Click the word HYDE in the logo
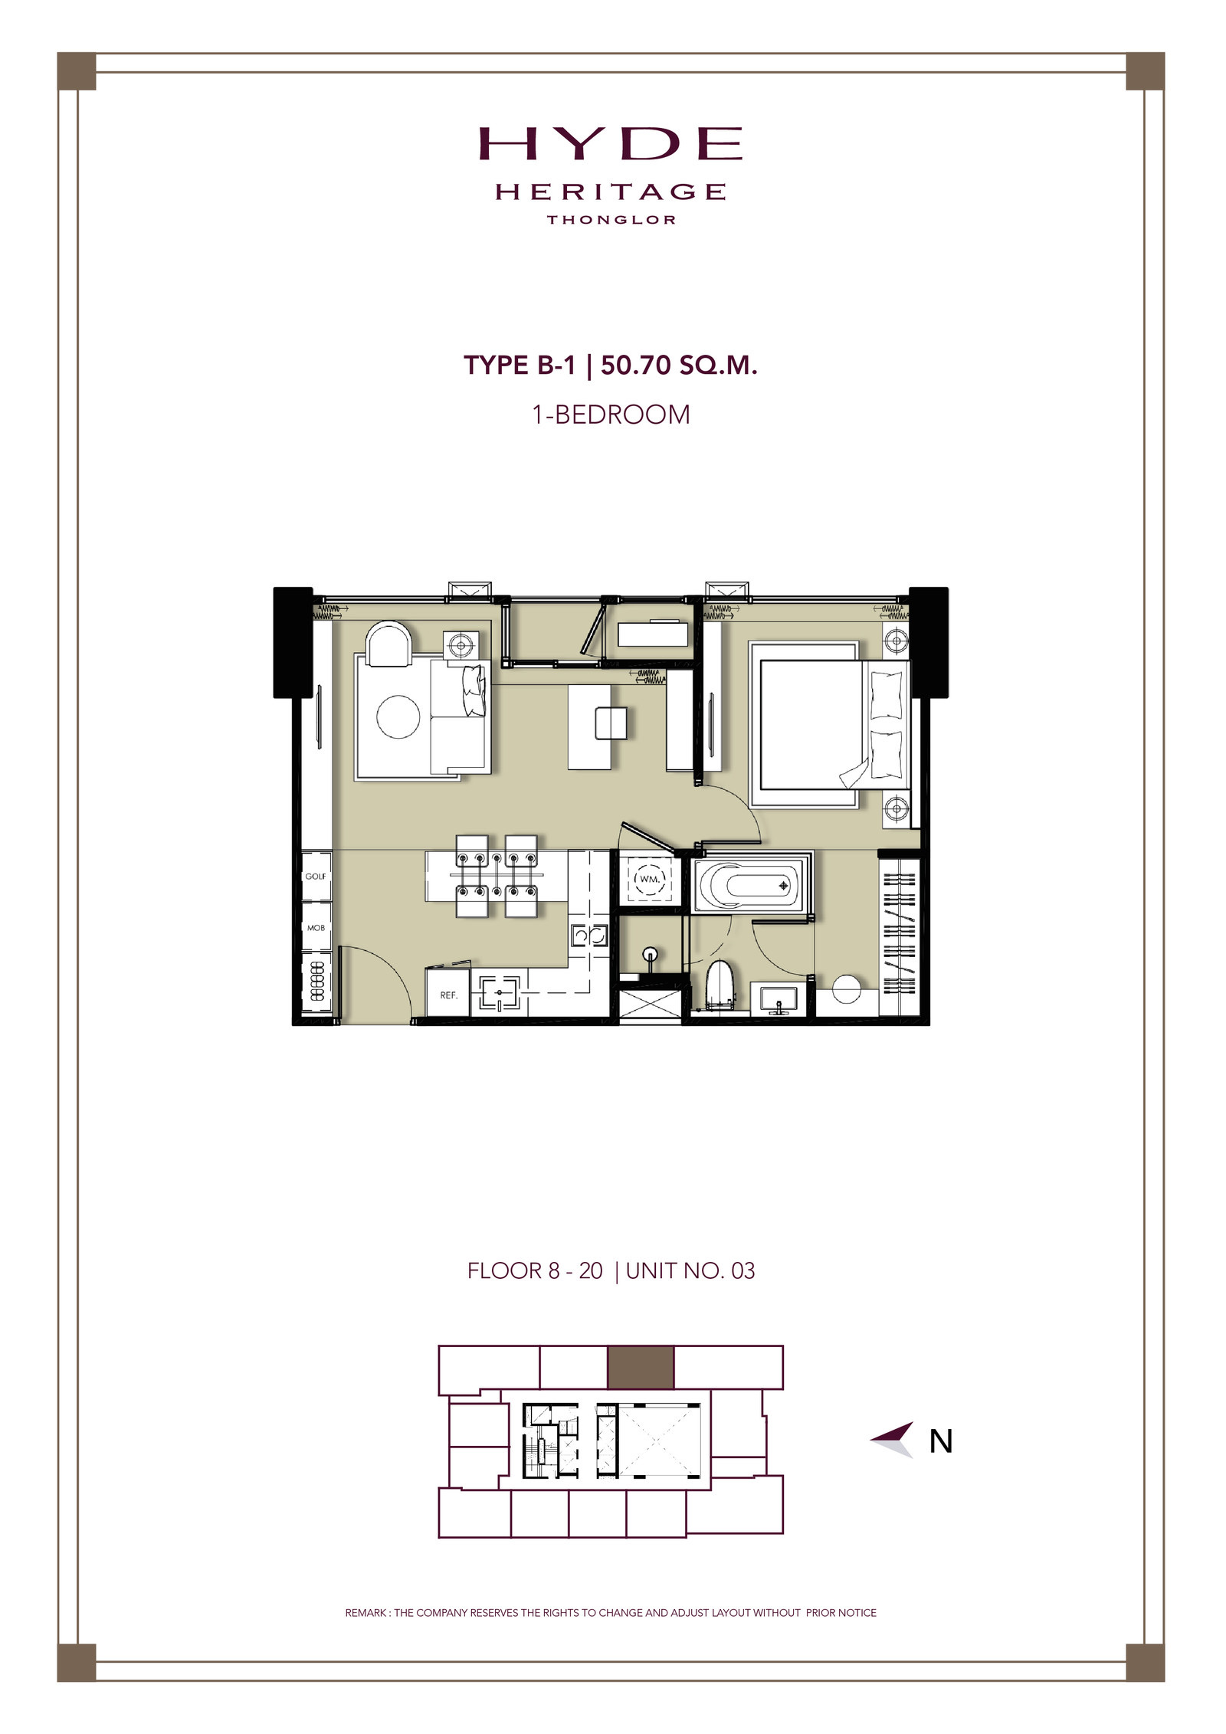coord(611,143)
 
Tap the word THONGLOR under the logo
coord(611,220)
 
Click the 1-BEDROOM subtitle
coord(611,415)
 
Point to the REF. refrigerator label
coord(448,995)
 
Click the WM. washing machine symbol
coord(649,879)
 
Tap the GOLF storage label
coord(316,876)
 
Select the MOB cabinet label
coord(316,928)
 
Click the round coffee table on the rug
coord(398,716)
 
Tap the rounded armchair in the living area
coord(388,644)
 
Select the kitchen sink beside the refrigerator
coord(500,992)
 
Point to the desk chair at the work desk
coord(611,722)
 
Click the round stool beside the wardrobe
coord(847,989)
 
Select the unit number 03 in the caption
coord(743,1271)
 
